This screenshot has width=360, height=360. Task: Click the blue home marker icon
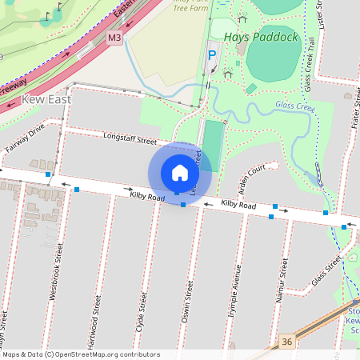[x=180, y=173]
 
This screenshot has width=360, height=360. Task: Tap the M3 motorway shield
[x=115, y=38]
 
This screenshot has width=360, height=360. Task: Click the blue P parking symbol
[x=212, y=55]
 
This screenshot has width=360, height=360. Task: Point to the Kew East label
[x=46, y=99]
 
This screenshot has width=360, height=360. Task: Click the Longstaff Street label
[x=130, y=139]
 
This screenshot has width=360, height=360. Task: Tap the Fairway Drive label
[x=26, y=139]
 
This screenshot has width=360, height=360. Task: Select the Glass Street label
[x=327, y=272]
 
